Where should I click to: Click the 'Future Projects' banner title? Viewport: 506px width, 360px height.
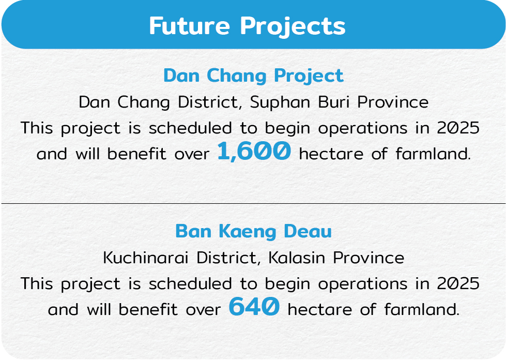point(247,26)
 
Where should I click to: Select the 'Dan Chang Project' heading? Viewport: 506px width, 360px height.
point(253,76)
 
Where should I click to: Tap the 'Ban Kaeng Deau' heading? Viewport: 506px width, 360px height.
point(253,232)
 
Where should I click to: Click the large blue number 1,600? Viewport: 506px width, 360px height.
point(254,151)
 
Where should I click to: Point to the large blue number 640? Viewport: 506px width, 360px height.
point(254,306)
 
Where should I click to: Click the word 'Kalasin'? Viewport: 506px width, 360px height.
point(297,258)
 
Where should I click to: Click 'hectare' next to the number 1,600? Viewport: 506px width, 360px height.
point(331,154)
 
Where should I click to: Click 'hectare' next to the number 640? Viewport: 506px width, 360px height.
point(319,310)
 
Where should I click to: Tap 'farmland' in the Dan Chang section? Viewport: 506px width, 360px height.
point(433,154)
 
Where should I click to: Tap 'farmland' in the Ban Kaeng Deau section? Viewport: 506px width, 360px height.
point(421,310)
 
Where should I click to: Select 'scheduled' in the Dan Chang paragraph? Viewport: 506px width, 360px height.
point(190,128)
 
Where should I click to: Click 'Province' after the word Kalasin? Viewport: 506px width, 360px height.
point(369,258)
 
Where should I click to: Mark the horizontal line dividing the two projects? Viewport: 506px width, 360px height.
point(253,203)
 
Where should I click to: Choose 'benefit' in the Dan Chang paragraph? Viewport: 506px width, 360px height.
point(137,154)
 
